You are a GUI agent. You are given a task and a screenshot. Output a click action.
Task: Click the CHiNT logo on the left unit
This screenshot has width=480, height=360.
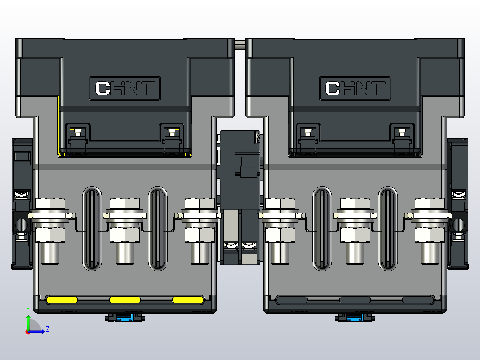point(125,88)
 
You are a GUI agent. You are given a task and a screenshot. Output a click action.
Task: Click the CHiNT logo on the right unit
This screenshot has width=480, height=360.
point(355,88)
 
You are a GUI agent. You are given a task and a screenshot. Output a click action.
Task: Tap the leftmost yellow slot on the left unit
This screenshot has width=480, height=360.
point(61,299)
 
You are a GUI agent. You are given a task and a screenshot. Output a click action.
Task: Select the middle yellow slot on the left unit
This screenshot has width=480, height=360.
point(125,299)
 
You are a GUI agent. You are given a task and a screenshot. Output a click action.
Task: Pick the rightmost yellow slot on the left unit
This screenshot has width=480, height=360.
point(187,299)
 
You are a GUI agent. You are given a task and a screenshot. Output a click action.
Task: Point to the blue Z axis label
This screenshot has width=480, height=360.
point(47,329)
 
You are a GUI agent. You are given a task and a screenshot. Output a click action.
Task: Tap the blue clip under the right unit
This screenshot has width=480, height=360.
point(355,317)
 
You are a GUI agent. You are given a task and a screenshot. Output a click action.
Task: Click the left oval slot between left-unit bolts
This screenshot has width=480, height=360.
point(92,228)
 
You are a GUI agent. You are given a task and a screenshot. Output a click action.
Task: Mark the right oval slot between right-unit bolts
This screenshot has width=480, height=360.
point(388,228)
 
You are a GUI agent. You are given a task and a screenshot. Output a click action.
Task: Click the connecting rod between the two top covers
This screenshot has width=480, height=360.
point(240,44)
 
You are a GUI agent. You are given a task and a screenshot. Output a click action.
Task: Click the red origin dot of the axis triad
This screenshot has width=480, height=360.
point(28,331)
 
